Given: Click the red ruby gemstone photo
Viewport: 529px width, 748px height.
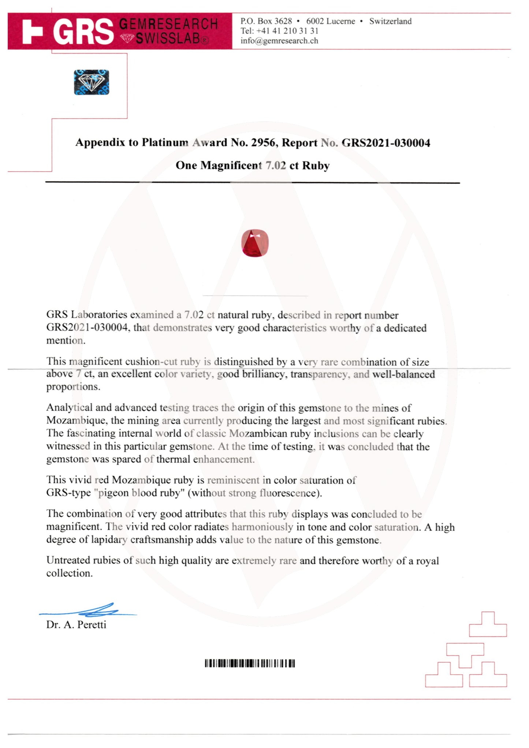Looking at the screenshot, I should [x=255, y=243].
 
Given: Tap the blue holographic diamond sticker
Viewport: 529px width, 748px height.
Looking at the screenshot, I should [x=92, y=82].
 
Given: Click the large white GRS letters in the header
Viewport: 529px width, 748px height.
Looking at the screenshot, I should [x=83, y=32].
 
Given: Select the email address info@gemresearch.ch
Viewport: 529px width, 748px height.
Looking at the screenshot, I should [x=279, y=41].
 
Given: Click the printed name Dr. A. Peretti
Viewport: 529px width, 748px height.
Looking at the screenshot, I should [x=76, y=625].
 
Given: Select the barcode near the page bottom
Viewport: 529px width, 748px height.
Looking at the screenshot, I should [x=250, y=663].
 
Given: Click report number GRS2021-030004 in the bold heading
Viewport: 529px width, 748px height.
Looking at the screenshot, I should [x=386, y=143].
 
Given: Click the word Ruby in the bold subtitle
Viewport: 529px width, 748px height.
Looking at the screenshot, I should [x=316, y=165].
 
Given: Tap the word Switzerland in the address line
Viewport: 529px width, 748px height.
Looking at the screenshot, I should [x=390, y=21].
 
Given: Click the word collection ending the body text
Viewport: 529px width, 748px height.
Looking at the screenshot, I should [x=69, y=573].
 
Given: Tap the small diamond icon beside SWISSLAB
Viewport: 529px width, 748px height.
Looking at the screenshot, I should [x=127, y=38].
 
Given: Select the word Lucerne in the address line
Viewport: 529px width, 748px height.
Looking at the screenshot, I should [x=340, y=21].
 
